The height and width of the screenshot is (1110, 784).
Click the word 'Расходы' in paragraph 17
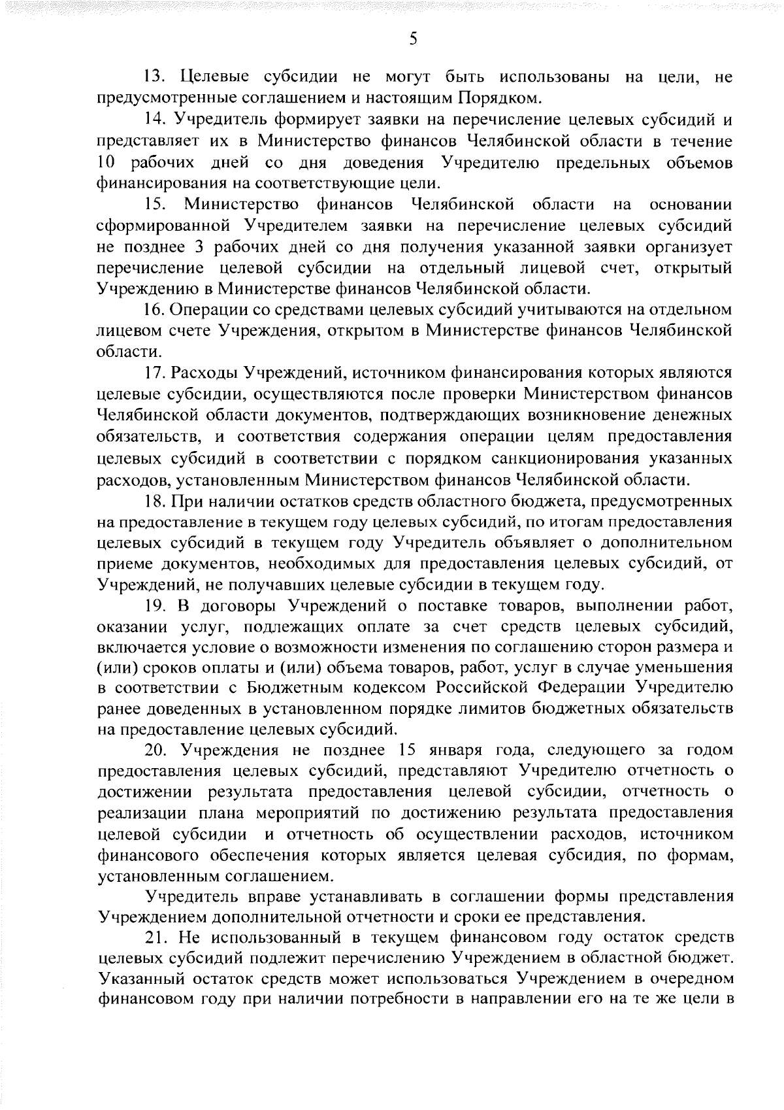204,373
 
